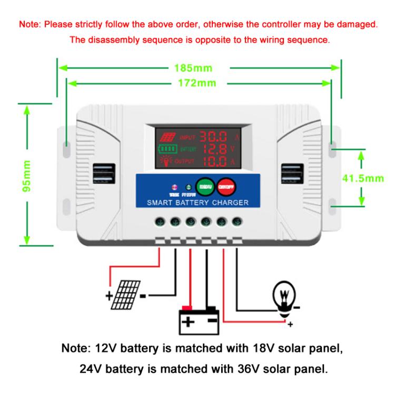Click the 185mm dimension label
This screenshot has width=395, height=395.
(197, 68)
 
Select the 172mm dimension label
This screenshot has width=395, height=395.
(197, 83)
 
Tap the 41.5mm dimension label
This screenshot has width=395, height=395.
(362, 178)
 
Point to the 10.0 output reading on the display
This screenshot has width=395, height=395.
(215, 161)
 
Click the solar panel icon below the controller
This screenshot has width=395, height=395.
(127, 292)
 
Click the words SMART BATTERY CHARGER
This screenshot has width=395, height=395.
(197, 202)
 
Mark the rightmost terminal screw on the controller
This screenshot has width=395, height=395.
(237, 222)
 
